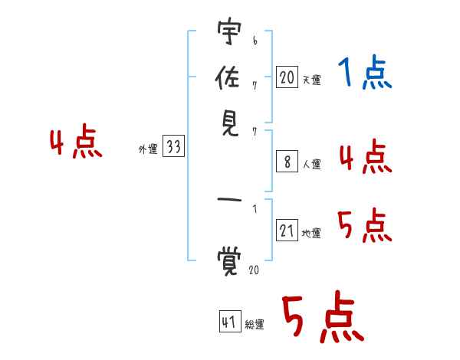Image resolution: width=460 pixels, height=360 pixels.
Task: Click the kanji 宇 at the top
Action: click(x=229, y=31)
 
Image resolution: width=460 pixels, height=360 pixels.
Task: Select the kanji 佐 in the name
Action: click(x=228, y=77)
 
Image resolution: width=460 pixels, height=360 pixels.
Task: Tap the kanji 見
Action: click(x=230, y=123)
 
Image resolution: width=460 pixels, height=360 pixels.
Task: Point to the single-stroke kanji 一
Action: click(x=229, y=200)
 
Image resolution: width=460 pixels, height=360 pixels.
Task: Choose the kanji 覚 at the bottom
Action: click(x=229, y=261)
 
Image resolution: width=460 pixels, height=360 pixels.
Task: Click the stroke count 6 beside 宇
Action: click(x=255, y=41)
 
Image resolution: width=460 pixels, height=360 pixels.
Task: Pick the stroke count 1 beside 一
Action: click(x=255, y=209)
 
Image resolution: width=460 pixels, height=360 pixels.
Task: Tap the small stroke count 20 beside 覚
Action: click(x=254, y=270)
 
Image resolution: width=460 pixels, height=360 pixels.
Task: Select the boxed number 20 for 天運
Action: click(x=287, y=77)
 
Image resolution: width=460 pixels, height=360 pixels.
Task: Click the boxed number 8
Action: click(x=287, y=162)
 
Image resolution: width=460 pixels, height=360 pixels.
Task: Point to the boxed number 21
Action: click(x=287, y=230)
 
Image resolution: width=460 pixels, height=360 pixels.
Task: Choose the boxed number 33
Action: click(x=174, y=146)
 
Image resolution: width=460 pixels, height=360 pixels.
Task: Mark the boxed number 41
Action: click(x=230, y=322)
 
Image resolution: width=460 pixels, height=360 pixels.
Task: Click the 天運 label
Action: click(x=311, y=80)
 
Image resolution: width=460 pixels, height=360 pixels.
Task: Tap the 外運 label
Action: click(x=148, y=149)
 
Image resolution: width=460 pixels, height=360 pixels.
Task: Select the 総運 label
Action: click(x=255, y=324)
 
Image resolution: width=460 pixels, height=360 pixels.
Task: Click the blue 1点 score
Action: click(x=365, y=72)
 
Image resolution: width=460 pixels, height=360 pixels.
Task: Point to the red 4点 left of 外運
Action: click(x=76, y=141)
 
